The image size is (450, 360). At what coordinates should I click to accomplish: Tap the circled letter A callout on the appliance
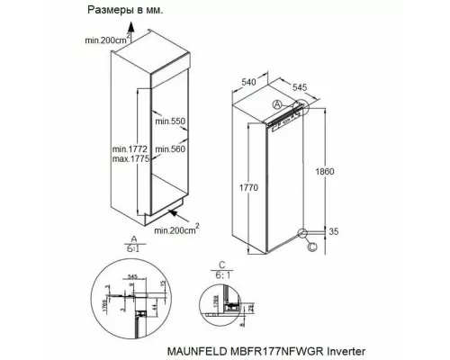pos(277,105)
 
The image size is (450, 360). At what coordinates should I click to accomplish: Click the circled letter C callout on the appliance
pos(312,243)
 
